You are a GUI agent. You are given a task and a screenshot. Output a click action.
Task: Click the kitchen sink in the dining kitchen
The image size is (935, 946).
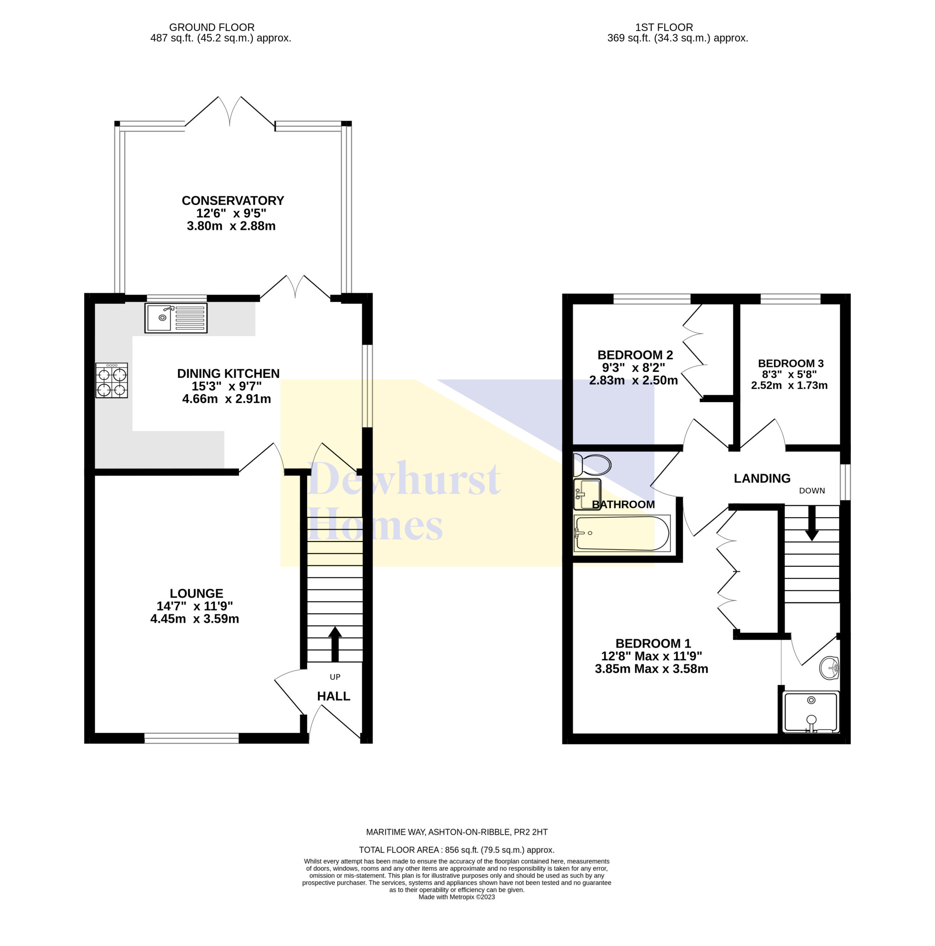click(176, 318)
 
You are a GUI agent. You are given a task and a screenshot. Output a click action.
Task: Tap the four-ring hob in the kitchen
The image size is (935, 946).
click(112, 381)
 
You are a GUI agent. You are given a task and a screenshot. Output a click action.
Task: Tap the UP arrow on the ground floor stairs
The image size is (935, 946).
click(335, 644)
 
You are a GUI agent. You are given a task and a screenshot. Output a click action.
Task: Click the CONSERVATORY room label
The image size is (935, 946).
click(233, 201)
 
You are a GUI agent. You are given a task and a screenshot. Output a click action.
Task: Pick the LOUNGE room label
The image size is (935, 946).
click(196, 593)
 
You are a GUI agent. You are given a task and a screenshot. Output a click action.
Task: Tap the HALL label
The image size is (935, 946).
click(333, 696)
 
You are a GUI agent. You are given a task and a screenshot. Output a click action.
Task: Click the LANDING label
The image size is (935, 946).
click(762, 478)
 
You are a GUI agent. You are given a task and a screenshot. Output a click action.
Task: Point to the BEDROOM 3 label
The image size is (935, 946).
click(791, 363)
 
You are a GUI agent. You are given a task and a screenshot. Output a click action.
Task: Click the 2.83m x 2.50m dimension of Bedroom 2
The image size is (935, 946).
click(633, 381)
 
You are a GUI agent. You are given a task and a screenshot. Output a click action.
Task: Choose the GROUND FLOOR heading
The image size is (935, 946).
click(212, 28)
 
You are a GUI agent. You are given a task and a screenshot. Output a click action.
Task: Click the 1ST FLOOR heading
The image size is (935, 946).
click(664, 28)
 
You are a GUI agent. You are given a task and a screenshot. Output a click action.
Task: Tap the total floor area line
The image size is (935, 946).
click(457, 850)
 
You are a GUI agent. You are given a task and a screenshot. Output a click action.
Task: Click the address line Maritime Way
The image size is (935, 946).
click(457, 832)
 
